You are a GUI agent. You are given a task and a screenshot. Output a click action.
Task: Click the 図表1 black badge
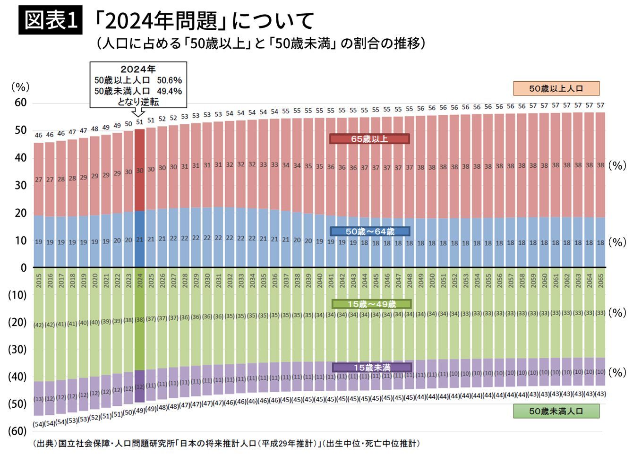point(51,20)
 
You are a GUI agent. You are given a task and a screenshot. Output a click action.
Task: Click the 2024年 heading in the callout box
point(138,69)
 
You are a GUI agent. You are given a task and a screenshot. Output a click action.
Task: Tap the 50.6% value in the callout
point(169,80)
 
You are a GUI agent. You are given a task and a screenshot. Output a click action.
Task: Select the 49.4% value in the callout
point(169,91)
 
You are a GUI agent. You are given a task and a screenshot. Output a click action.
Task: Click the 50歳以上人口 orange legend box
point(556,88)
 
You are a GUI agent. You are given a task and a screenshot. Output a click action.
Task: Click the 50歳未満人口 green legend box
point(556,411)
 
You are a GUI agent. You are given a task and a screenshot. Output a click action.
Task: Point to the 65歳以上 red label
point(369,139)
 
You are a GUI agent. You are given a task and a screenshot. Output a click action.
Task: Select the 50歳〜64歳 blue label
point(369,232)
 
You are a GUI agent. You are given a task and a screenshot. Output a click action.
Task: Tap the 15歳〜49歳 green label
point(371,304)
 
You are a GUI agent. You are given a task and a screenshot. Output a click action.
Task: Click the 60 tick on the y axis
point(20,103)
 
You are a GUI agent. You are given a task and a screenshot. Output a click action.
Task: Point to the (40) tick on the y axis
point(17,377)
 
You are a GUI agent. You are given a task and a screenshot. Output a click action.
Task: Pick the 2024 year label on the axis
point(140,281)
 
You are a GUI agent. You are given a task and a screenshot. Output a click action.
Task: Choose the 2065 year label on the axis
point(601,281)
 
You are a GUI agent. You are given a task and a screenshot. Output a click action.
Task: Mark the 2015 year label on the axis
point(39,281)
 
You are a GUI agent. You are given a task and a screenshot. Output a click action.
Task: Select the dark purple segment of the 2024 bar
point(139,386)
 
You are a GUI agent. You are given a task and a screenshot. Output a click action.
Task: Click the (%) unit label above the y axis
point(20,87)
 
